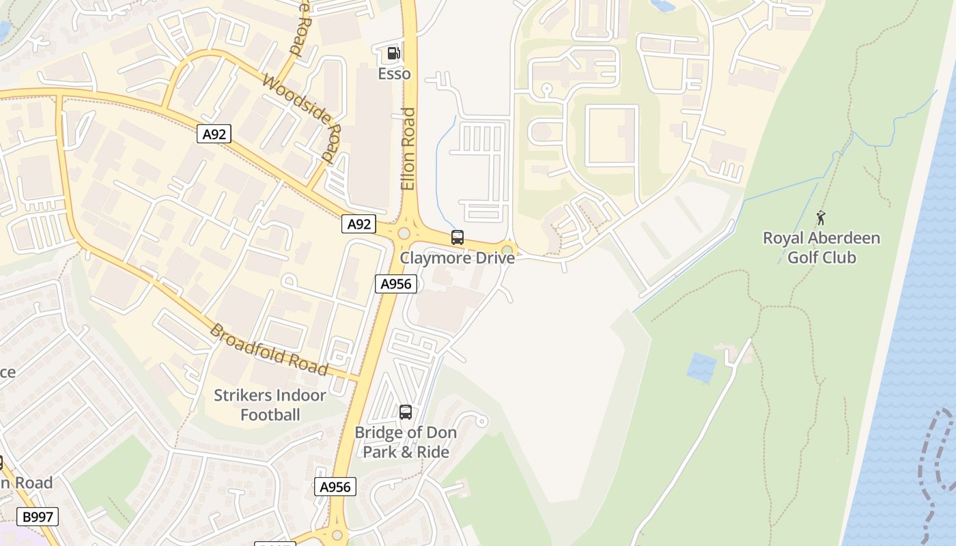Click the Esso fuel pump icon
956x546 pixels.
393,53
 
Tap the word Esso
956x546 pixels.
395,74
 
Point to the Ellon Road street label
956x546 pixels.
408,149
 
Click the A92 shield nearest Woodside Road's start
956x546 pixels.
214,134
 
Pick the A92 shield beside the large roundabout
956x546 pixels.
358,224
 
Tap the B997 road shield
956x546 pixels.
38,517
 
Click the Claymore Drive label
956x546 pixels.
457,258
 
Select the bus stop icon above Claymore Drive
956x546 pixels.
458,238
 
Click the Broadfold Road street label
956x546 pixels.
268,349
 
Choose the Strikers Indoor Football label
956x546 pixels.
270,405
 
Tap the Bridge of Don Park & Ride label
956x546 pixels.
406,442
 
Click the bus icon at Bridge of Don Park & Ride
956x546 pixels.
406,412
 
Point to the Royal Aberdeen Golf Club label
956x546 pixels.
821,248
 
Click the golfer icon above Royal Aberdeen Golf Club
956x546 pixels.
821,218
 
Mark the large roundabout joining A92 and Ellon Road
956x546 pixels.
404,233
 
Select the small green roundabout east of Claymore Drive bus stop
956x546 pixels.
507,250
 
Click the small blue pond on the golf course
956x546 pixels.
701,367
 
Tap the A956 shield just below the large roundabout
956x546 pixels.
395,284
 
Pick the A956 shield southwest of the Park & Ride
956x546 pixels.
335,487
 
